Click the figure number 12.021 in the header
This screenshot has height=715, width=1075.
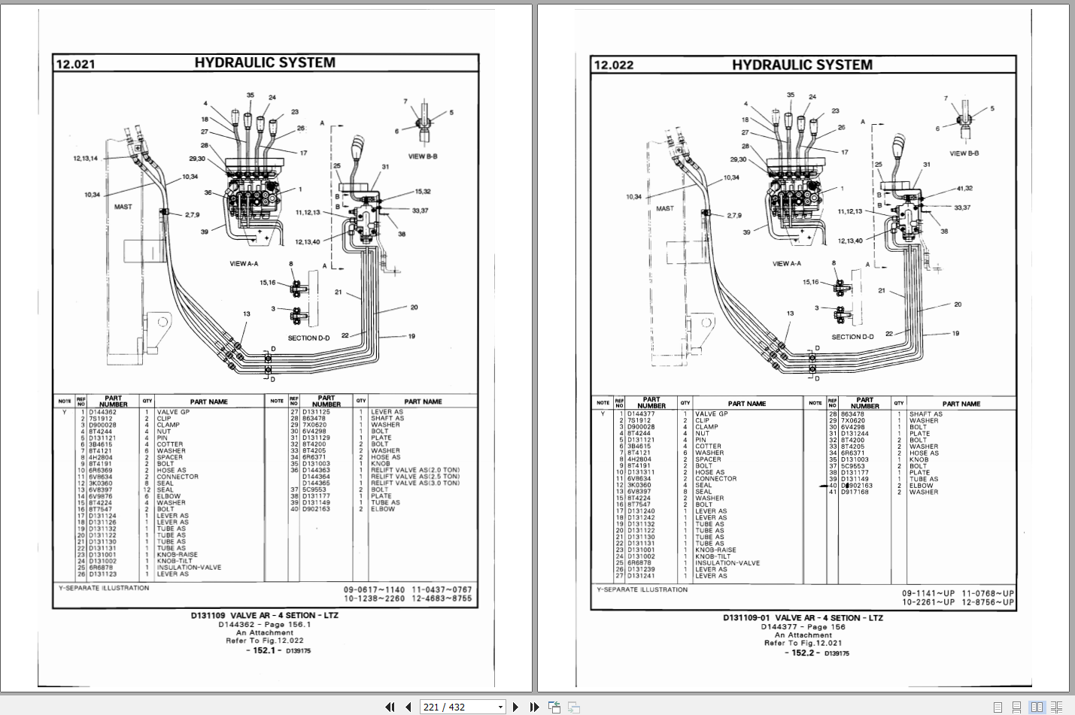(75, 65)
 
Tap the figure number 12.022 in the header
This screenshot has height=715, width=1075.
(614, 65)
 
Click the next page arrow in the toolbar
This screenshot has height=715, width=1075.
(515, 707)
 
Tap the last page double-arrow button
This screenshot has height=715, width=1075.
(534, 707)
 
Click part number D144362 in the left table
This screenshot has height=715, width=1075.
(102, 412)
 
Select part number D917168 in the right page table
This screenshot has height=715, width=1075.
(855, 492)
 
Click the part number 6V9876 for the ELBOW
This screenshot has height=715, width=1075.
(100, 496)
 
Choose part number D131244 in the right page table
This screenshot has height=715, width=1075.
(855, 434)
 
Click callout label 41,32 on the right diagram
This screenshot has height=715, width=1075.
(964, 189)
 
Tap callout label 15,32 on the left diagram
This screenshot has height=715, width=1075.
(423, 192)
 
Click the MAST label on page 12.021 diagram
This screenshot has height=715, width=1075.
(123, 207)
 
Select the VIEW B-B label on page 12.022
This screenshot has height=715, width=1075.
(964, 153)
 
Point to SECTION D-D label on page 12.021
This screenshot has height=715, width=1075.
(308, 338)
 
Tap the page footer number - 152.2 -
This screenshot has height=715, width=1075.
(803, 653)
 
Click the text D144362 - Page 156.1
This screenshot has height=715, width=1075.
(264, 624)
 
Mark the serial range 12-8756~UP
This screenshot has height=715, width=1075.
(988, 602)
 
